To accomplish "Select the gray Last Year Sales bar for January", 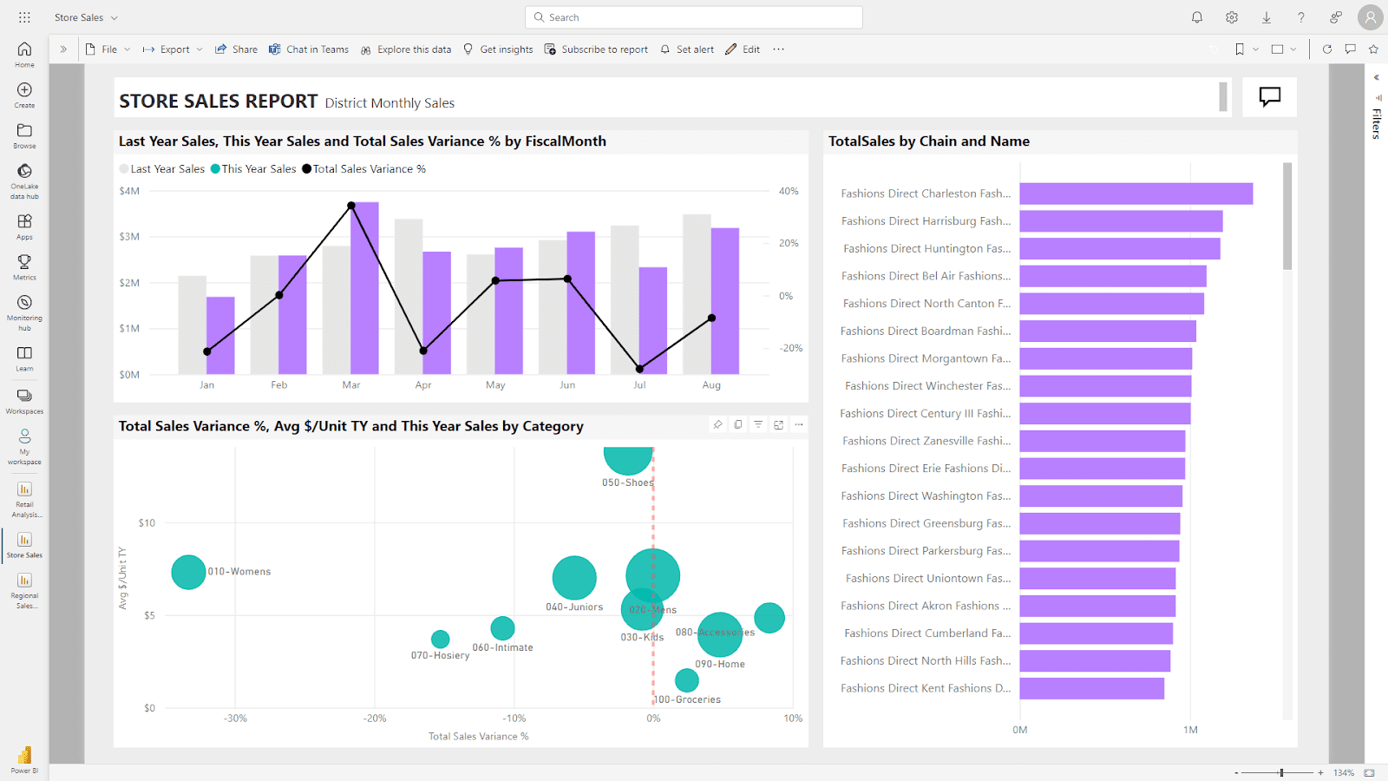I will [192, 325].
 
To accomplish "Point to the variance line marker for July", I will [639, 369].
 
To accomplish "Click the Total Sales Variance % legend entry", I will [364, 169].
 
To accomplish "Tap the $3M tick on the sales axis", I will [129, 237].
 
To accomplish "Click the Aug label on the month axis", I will [711, 385].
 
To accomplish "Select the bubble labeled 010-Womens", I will [188, 572].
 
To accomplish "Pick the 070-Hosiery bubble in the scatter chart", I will [441, 640].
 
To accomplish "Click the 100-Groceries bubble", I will [686, 680].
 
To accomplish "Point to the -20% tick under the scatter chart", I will [375, 719].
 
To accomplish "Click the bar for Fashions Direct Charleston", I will [1136, 194].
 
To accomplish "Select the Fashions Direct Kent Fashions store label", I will [925, 688].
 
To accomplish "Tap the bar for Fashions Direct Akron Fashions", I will [1097, 606].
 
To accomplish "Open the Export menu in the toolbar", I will [173, 49].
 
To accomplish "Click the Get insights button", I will [499, 49].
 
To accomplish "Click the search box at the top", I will [694, 17].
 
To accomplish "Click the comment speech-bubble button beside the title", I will [1269, 96].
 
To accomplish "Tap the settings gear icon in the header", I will [1232, 17].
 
